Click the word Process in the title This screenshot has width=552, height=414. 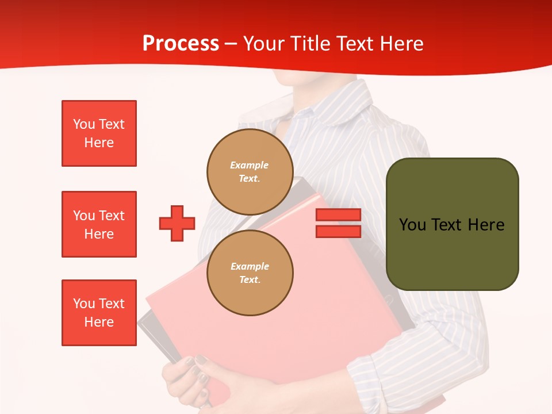(181, 44)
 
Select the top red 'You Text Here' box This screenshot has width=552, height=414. (99, 133)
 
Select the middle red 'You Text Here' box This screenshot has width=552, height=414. (99, 224)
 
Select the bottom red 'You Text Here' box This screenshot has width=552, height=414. (99, 313)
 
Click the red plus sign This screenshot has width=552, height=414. (177, 223)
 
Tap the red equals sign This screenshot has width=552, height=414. (338, 223)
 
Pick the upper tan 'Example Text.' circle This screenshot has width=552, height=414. (250, 171)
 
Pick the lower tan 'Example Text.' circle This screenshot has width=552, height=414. (250, 273)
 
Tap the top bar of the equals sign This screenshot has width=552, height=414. (338, 215)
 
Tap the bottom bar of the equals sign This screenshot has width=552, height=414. (338, 231)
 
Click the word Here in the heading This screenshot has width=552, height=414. (401, 44)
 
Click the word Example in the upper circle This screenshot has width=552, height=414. (249, 165)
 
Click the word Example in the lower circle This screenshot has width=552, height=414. (250, 266)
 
